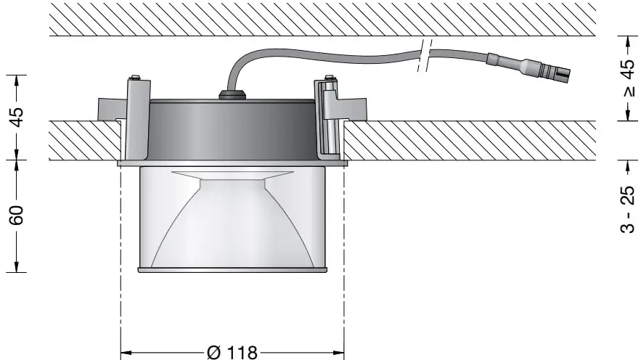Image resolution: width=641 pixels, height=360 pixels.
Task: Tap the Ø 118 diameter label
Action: pos(232,352)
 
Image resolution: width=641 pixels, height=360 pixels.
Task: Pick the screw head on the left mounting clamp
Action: pos(135,78)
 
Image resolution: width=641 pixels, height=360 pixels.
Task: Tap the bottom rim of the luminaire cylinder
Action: pos(232,271)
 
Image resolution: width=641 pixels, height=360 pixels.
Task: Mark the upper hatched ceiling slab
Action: pos(319,18)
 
